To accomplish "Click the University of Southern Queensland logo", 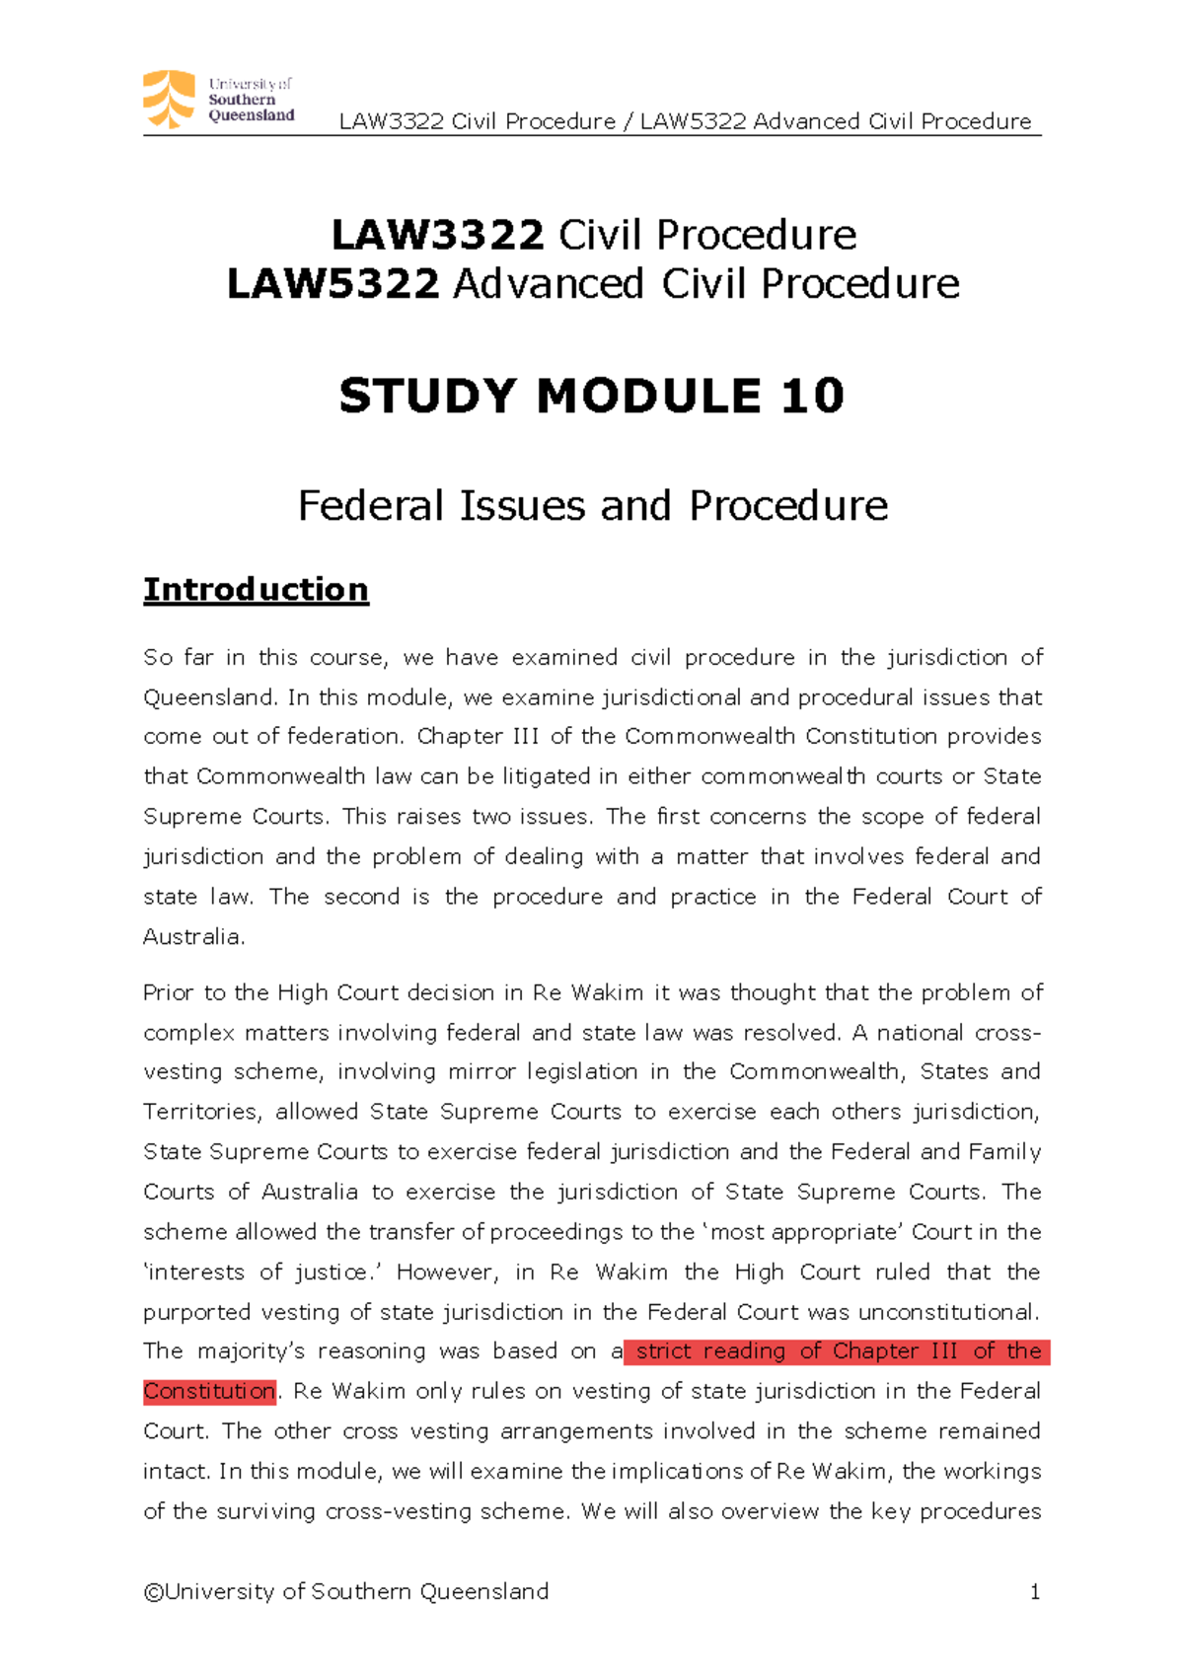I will coord(219,100).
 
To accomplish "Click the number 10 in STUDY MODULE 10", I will coord(812,397).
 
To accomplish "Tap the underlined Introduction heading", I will coord(256,589).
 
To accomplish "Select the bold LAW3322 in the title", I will coord(437,236).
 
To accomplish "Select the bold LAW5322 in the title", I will coord(333,285).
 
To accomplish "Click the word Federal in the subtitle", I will coord(371,506).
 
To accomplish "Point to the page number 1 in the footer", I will coord(1034,1591).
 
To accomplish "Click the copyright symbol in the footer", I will coord(153,1592).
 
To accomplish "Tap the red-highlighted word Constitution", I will coord(209,1391).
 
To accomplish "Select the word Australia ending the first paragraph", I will coord(191,936).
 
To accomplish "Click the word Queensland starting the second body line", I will coord(210,698).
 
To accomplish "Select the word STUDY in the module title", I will coord(427,397).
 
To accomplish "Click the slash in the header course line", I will coord(628,121).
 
